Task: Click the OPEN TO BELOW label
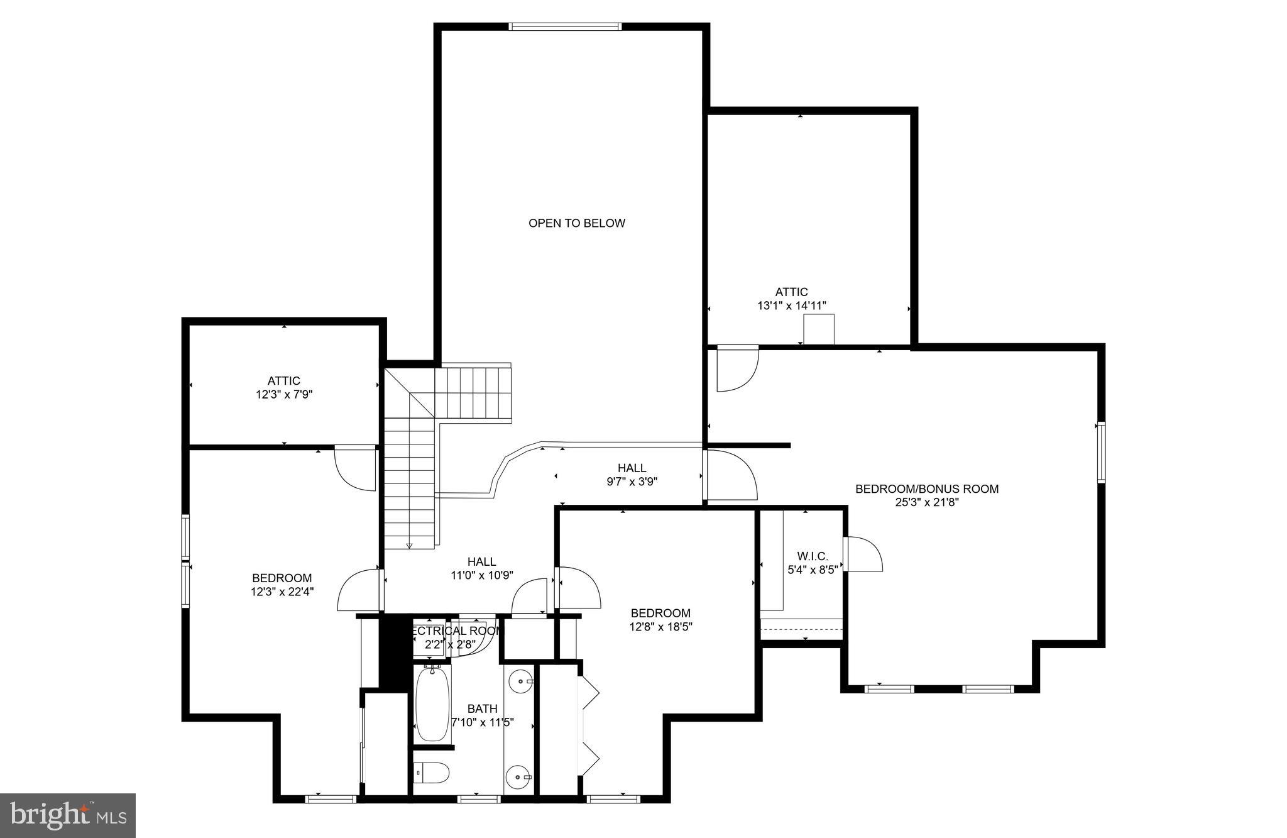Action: coord(576,223)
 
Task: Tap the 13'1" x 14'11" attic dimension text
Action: coord(791,306)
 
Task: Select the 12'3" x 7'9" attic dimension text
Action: coord(283,395)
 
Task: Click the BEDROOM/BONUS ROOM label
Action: coord(926,488)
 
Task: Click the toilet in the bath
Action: coord(432,773)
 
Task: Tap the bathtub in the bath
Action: coord(432,703)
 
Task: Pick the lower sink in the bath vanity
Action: coord(520,777)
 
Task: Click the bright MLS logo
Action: coord(68,816)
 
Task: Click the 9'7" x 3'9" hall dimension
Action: coord(632,482)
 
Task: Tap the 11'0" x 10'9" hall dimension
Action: coord(481,575)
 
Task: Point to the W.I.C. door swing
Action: coord(863,554)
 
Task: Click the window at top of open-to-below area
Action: coord(564,26)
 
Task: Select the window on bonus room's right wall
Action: coord(1101,453)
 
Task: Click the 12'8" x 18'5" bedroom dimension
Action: coord(660,627)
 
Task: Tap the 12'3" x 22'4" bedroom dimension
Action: coord(282,592)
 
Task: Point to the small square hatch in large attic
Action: coord(819,330)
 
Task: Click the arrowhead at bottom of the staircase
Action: coord(409,546)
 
